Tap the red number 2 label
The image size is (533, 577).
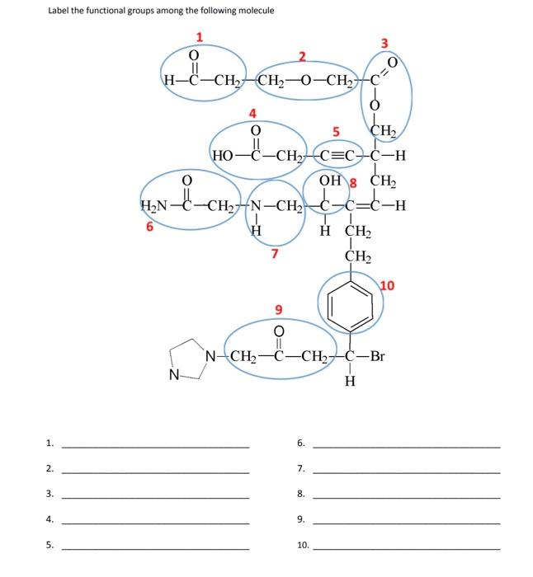[x=302, y=56]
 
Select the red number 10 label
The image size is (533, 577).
[x=387, y=286]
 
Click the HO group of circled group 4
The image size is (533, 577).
[x=223, y=155]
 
